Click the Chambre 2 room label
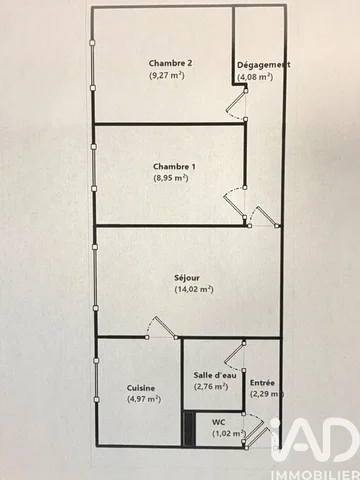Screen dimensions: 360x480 click(x=170, y=63)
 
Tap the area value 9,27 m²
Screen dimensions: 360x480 click(x=167, y=75)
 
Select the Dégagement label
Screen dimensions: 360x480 click(x=263, y=65)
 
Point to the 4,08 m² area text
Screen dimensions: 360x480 click(x=255, y=77)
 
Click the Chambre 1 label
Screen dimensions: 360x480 click(x=174, y=167)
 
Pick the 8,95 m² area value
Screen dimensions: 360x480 click(x=171, y=178)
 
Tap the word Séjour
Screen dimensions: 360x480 click(x=187, y=278)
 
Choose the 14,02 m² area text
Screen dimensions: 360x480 click(x=194, y=289)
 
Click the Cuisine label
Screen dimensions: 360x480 click(x=141, y=388)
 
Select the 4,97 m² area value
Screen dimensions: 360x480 click(x=144, y=399)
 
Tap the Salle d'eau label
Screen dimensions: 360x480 click(x=215, y=375)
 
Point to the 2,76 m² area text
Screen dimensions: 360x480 click(x=211, y=387)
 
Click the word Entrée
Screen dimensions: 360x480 click(x=262, y=383)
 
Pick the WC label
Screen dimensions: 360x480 click(x=219, y=422)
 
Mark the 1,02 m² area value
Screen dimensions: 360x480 click(x=229, y=434)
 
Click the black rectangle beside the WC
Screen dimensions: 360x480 click(x=189, y=428)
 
